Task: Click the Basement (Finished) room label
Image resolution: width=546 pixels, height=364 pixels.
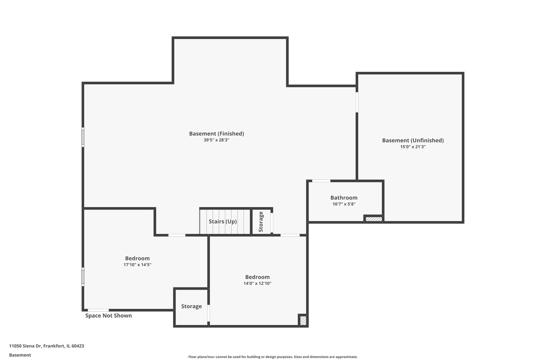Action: pyautogui.click(x=216, y=133)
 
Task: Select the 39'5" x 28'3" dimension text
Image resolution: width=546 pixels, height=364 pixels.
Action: pyautogui.click(x=216, y=140)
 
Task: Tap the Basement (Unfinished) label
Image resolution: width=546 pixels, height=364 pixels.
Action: pyautogui.click(x=413, y=140)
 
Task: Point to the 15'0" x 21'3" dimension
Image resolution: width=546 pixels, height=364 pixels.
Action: pyautogui.click(x=413, y=147)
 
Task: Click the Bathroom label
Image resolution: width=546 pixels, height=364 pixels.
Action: pyautogui.click(x=344, y=198)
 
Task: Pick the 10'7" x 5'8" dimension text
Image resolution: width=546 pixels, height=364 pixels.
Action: pyautogui.click(x=344, y=204)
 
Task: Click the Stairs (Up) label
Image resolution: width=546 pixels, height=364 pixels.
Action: pyautogui.click(x=222, y=221)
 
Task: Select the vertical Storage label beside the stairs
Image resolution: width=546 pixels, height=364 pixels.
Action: pyautogui.click(x=261, y=221)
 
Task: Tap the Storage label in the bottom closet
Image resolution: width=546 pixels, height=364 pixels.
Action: pyautogui.click(x=191, y=306)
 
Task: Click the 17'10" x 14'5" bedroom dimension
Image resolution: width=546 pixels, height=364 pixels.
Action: pyautogui.click(x=137, y=265)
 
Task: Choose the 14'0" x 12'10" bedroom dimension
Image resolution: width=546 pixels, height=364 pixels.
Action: pyautogui.click(x=257, y=283)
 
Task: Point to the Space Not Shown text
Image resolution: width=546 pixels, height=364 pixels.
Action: pyautogui.click(x=109, y=315)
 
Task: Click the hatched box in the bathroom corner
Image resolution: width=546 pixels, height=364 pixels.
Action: pyautogui.click(x=374, y=219)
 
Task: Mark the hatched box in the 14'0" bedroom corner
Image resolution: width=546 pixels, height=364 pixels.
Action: pyautogui.click(x=303, y=320)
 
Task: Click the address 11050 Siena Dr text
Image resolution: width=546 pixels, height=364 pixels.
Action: pyautogui.click(x=47, y=346)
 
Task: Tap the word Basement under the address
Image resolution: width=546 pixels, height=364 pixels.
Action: pyautogui.click(x=20, y=355)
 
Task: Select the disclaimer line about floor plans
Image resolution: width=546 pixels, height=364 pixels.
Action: pyautogui.click(x=273, y=357)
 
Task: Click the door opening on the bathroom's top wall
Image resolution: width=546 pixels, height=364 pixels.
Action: pyautogui.click(x=321, y=181)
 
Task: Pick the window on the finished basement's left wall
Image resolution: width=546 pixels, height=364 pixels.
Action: pyautogui.click(x=83, y=137)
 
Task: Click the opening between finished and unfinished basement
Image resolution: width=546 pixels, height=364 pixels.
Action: pyautogui.click(x=357, y=102)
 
